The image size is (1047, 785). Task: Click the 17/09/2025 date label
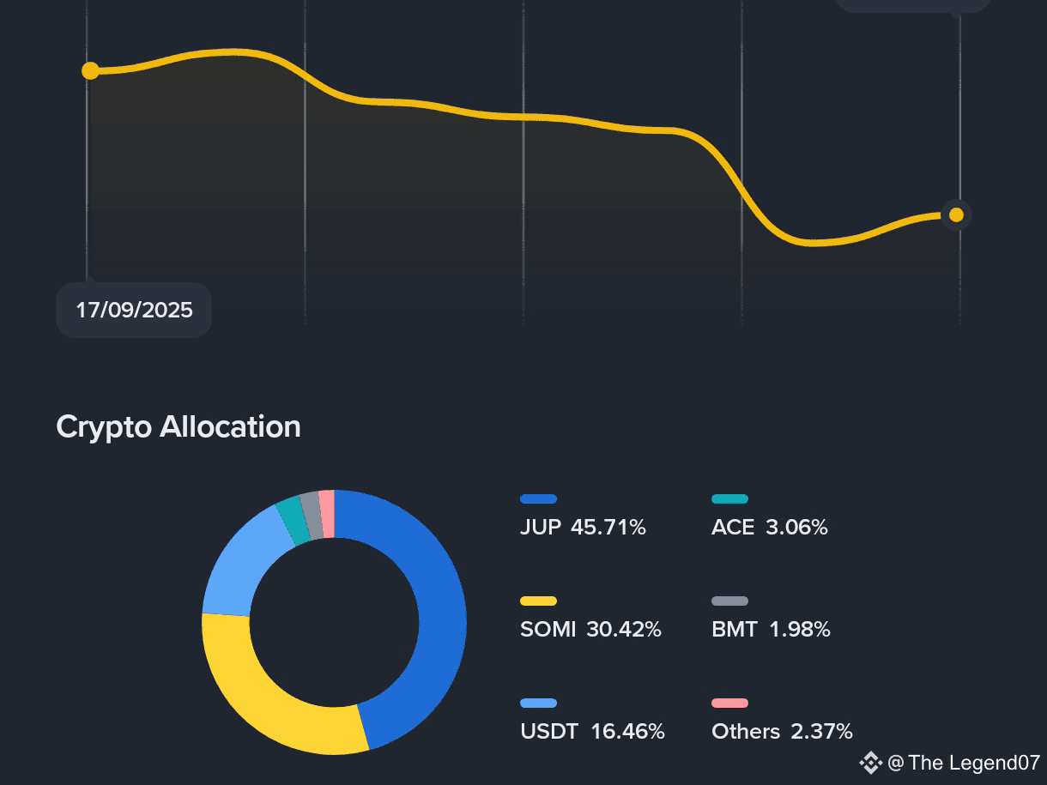(134, 310)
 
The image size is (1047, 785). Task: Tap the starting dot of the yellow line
(90, 70)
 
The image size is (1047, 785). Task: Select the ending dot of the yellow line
(956, 214)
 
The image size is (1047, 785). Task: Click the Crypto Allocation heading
(179, 426)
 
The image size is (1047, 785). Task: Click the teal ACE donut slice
(291, 518)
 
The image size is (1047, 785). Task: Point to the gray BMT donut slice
(311, 516)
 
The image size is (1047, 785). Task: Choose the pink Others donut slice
(327, 514)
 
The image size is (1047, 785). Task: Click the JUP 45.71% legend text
(583, 527)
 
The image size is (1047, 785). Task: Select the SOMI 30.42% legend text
(590, 629)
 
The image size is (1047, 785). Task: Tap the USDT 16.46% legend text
(592, 731)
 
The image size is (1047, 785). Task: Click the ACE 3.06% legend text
(769, 527)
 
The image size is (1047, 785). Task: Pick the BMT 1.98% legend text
(771, 629)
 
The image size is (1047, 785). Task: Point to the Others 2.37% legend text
(782, 731)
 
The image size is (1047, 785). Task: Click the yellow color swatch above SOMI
(538, 601)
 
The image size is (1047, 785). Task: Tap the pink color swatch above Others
(729, 703)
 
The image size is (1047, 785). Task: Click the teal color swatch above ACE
(729, 498)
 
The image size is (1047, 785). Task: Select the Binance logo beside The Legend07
(870, 762)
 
